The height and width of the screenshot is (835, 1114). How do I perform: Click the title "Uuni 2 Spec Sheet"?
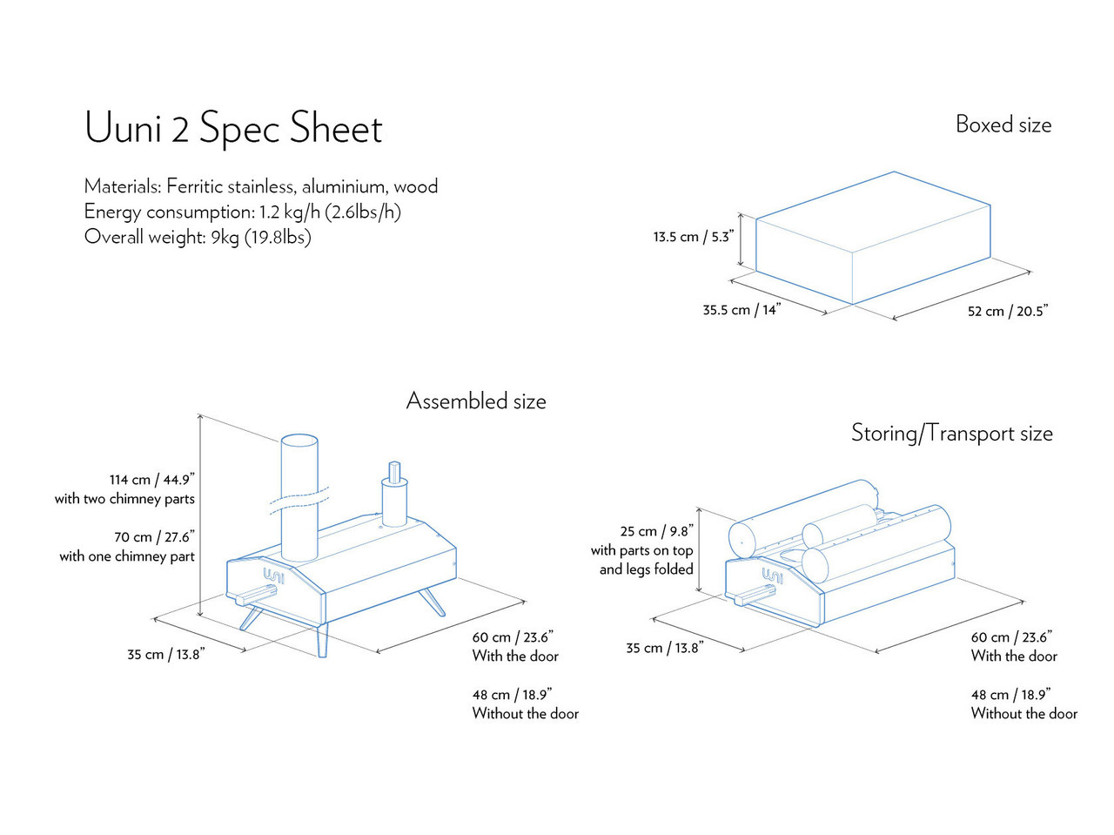point(233,128)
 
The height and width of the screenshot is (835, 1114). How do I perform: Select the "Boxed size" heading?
point(1003,125)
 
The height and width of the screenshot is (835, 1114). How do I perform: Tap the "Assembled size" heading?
point(476,401)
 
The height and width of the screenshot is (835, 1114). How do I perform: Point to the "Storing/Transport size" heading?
point(951,433)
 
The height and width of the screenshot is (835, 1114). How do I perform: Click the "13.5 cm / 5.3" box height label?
point(693,237)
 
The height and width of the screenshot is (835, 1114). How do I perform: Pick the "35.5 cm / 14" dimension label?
point(742,310)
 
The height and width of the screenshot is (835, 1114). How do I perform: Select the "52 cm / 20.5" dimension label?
point(1008,311)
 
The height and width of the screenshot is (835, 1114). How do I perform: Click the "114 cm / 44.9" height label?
point(151,480)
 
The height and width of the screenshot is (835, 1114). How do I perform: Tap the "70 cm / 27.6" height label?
point(154,537)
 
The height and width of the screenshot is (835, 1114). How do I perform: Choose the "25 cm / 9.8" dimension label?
point(656,531)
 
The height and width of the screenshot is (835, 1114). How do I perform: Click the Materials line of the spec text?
point(261,186)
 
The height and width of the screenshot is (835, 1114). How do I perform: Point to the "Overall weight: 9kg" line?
point(198,237)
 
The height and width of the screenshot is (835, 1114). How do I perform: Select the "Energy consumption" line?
point(242,212)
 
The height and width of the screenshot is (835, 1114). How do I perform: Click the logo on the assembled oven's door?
point(273,576)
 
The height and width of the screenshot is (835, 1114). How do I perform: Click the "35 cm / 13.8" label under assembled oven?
point(165,654)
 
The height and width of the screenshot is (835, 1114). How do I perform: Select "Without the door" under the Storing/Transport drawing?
point(1023,714)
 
